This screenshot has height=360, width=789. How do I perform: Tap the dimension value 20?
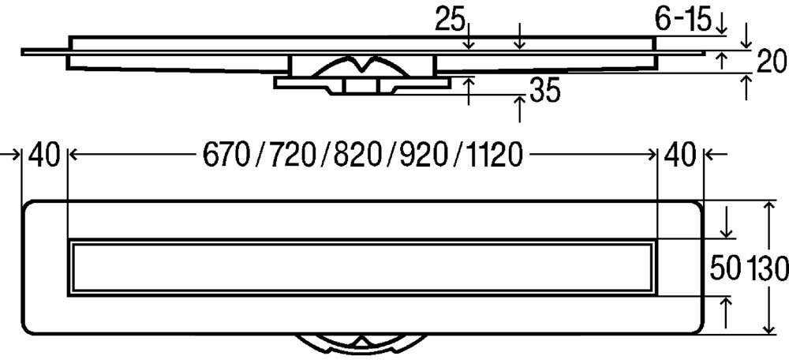[x=771, y=62]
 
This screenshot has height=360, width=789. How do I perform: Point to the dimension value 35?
[x=544, y=92]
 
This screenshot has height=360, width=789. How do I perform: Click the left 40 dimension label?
[x=44, y=156]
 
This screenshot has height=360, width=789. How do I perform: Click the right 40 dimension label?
[x=679, y=156]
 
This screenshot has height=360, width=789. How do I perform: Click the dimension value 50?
[x=723, y=269]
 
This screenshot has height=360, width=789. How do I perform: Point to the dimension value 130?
[x=766, y=269]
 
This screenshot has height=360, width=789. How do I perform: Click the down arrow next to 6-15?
[x=724, y=25]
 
